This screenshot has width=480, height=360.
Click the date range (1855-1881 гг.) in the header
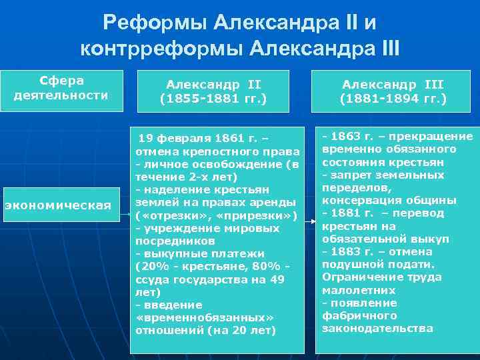coord(213,99)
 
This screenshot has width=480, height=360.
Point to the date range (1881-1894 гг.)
coord(393,99)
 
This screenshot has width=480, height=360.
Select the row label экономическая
coord(58,205)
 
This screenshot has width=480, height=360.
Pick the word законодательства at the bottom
coord(377,328)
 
